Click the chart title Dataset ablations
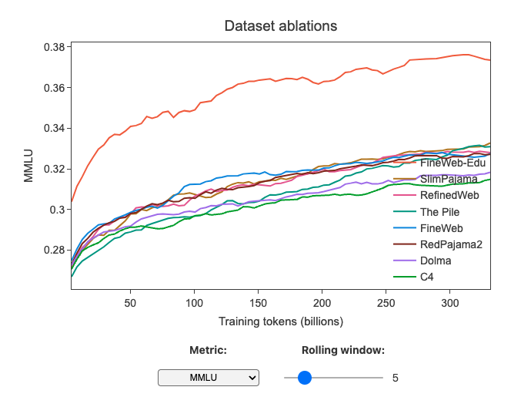280,26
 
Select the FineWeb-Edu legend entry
453,163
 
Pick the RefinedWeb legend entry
449,196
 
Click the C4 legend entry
428,277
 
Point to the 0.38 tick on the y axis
53,47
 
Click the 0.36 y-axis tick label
53,88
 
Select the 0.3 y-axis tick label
58,210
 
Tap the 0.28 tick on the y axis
53,250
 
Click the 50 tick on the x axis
130,303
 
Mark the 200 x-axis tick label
322,303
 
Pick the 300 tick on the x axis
451,303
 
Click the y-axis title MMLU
28,167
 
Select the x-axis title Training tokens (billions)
280,321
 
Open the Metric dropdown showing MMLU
209,378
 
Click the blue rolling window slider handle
305,378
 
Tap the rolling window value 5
396,378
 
